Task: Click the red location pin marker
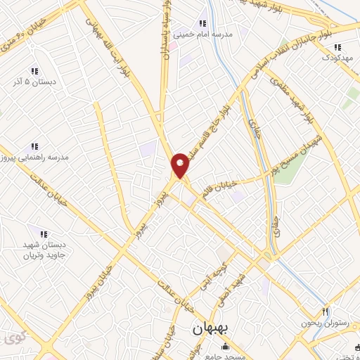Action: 181,165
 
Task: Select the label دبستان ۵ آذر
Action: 34,83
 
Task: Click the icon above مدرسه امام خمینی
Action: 204,21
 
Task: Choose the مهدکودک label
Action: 336,60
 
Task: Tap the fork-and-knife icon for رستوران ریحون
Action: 325,311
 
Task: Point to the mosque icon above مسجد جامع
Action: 224,346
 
